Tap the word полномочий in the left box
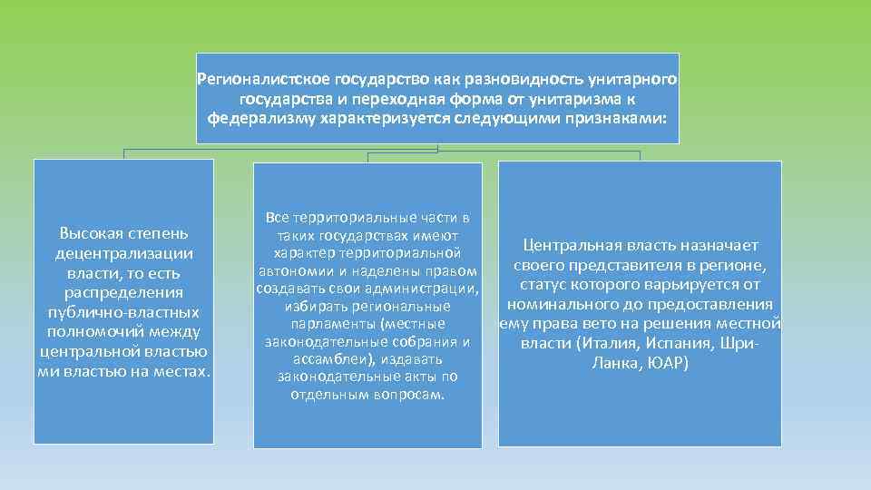point(91,332)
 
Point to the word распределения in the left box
point(124,292)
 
